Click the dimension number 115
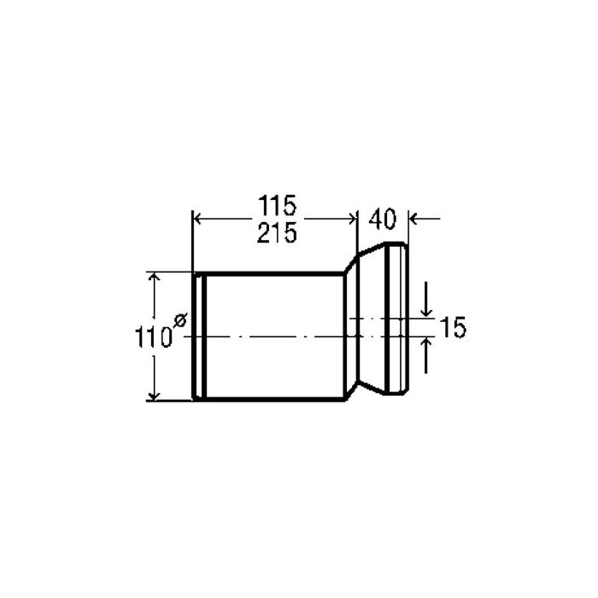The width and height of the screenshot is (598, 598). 278,205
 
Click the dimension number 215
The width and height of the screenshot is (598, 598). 277,233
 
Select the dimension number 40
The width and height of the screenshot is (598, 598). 383,220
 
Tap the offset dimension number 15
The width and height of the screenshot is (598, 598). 453,327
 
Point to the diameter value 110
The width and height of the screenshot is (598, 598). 153,337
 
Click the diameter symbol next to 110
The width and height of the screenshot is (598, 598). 179,320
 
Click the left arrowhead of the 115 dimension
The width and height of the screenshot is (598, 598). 197,220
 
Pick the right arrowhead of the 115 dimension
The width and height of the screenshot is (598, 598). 352,220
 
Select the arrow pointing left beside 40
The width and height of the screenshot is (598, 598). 425,220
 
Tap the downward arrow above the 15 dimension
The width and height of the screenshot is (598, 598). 426,299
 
